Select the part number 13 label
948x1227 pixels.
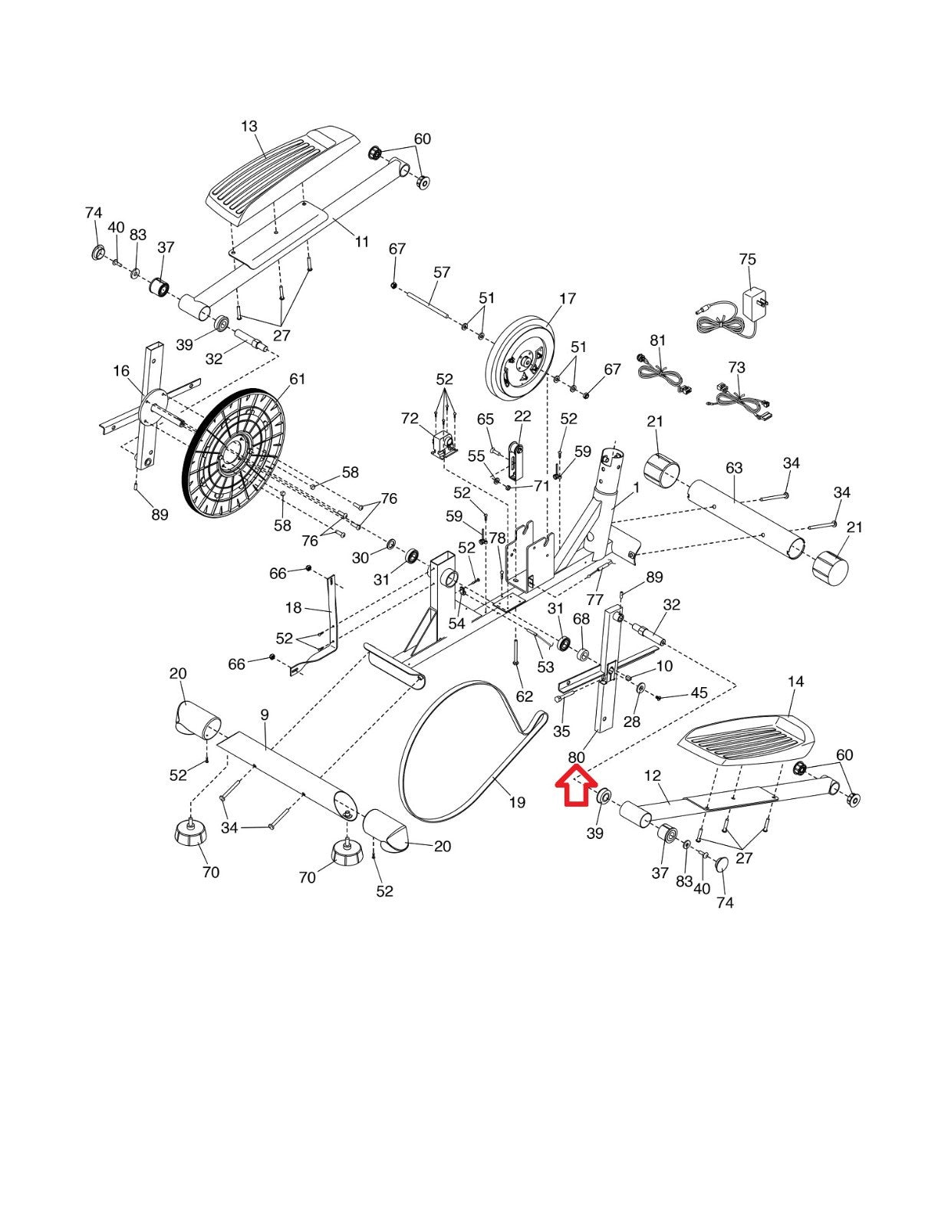coord(249,126)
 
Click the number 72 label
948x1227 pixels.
coord(410,419)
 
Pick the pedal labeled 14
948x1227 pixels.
coord(749,740)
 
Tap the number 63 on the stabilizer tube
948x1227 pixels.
coord(734,468)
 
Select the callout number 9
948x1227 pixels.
coord(265,715)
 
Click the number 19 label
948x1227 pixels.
coord(517,802)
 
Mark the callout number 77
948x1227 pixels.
coord(595,598)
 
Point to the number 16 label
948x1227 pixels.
coord(121,371)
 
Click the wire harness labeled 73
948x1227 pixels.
coord(739,403)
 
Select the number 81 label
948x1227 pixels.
coord(658,340)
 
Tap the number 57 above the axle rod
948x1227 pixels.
coord(442,272)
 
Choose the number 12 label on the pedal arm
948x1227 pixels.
coord(652,775)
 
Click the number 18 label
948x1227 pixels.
coord(293,607)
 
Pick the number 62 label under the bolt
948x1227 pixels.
coord(524,696)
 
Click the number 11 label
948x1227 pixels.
coord(361,242)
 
